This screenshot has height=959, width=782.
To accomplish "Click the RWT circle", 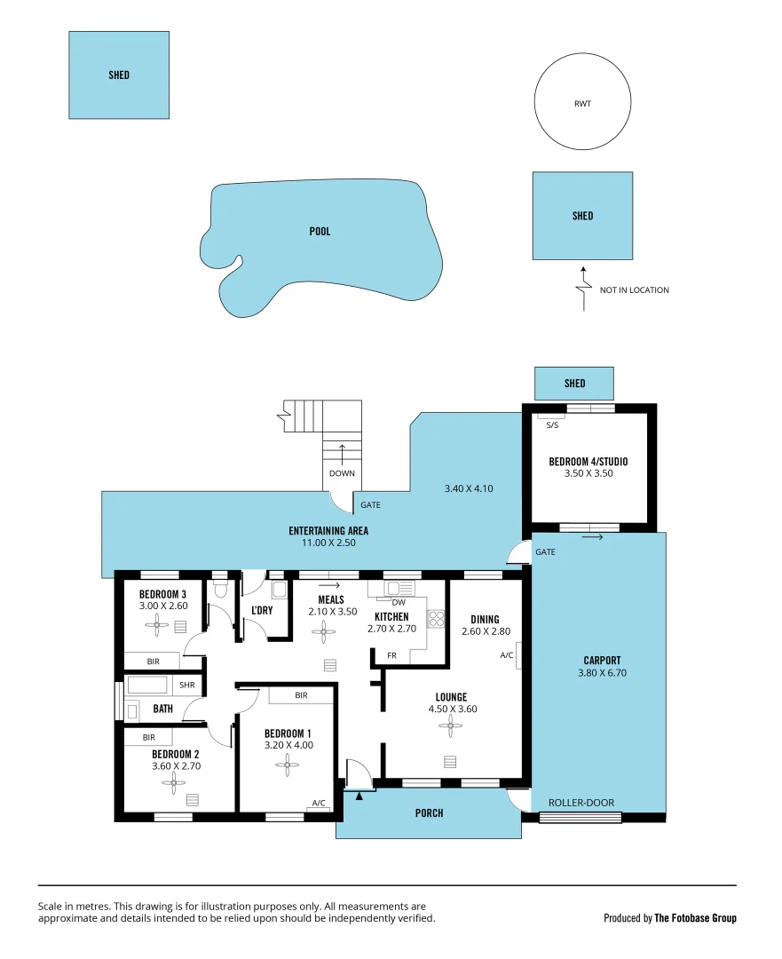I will point(582,103).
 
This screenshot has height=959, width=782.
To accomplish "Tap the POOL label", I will point(320,232).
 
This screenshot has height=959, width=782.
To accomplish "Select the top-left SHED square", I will point(119,75).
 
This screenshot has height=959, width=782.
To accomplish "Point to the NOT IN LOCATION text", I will point(634,290).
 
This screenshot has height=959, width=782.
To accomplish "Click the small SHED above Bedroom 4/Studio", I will point(574,384).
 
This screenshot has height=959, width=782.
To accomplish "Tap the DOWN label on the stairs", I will point(342,473).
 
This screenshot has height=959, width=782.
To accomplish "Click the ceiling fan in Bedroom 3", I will point(157,625).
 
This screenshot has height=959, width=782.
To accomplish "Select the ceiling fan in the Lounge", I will point(451,727).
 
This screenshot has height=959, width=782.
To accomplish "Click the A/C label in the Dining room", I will point(507,655).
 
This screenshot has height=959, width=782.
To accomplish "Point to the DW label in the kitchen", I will point(399,602).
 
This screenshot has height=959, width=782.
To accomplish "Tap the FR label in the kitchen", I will point(391,655).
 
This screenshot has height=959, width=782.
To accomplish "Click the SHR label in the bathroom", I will point(187,685).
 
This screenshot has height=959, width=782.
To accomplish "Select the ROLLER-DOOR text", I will point(581,803).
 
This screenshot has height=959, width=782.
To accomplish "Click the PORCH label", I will point(429,813).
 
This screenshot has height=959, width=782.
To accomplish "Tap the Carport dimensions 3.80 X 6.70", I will point(602,673).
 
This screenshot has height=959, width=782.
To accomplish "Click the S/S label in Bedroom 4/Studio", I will point(552,425).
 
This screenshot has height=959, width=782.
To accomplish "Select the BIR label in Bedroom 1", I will point(301,695).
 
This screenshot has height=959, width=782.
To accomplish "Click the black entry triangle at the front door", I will point(359,796).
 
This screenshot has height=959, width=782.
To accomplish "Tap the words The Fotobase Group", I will point(695,918).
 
